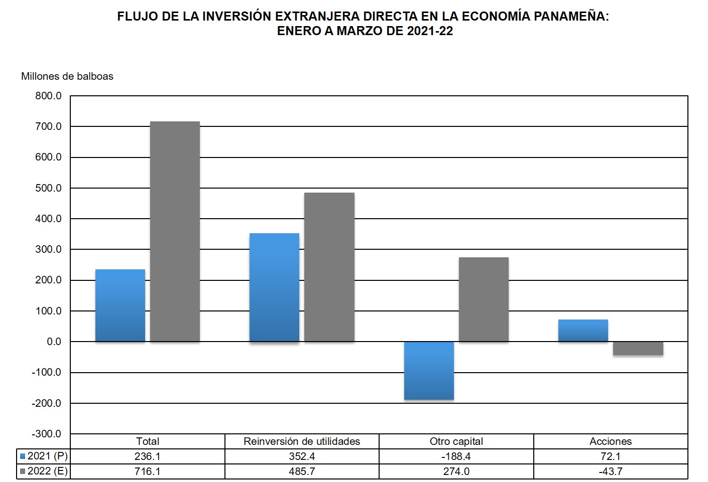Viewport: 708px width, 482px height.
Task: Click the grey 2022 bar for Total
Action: [175, 231]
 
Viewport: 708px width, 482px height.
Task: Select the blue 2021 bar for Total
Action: [120, 305]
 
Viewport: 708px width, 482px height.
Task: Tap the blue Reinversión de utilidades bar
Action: [274, 287]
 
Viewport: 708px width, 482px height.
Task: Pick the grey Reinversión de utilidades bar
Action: [329, 267]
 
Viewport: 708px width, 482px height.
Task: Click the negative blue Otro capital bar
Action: [429, 371]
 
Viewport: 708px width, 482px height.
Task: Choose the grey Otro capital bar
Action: [484, 299]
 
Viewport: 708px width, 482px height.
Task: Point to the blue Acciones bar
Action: [583, 331]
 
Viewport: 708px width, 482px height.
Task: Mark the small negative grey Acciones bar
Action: [638, 349]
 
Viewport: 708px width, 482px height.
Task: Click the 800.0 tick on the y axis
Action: [48, 96]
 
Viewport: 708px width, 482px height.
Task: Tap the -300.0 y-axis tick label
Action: [46, 434]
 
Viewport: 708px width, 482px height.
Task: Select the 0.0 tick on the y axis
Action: [54, 342]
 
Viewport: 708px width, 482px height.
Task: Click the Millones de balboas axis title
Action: [67, 76]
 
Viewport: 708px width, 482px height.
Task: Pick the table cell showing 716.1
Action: [147, 471]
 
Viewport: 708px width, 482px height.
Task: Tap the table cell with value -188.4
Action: [456, 456]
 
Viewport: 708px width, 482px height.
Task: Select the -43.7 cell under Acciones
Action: [610, 471]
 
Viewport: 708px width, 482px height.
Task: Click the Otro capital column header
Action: [456, 441]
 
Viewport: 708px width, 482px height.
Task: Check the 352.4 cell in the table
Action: [302, 456]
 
